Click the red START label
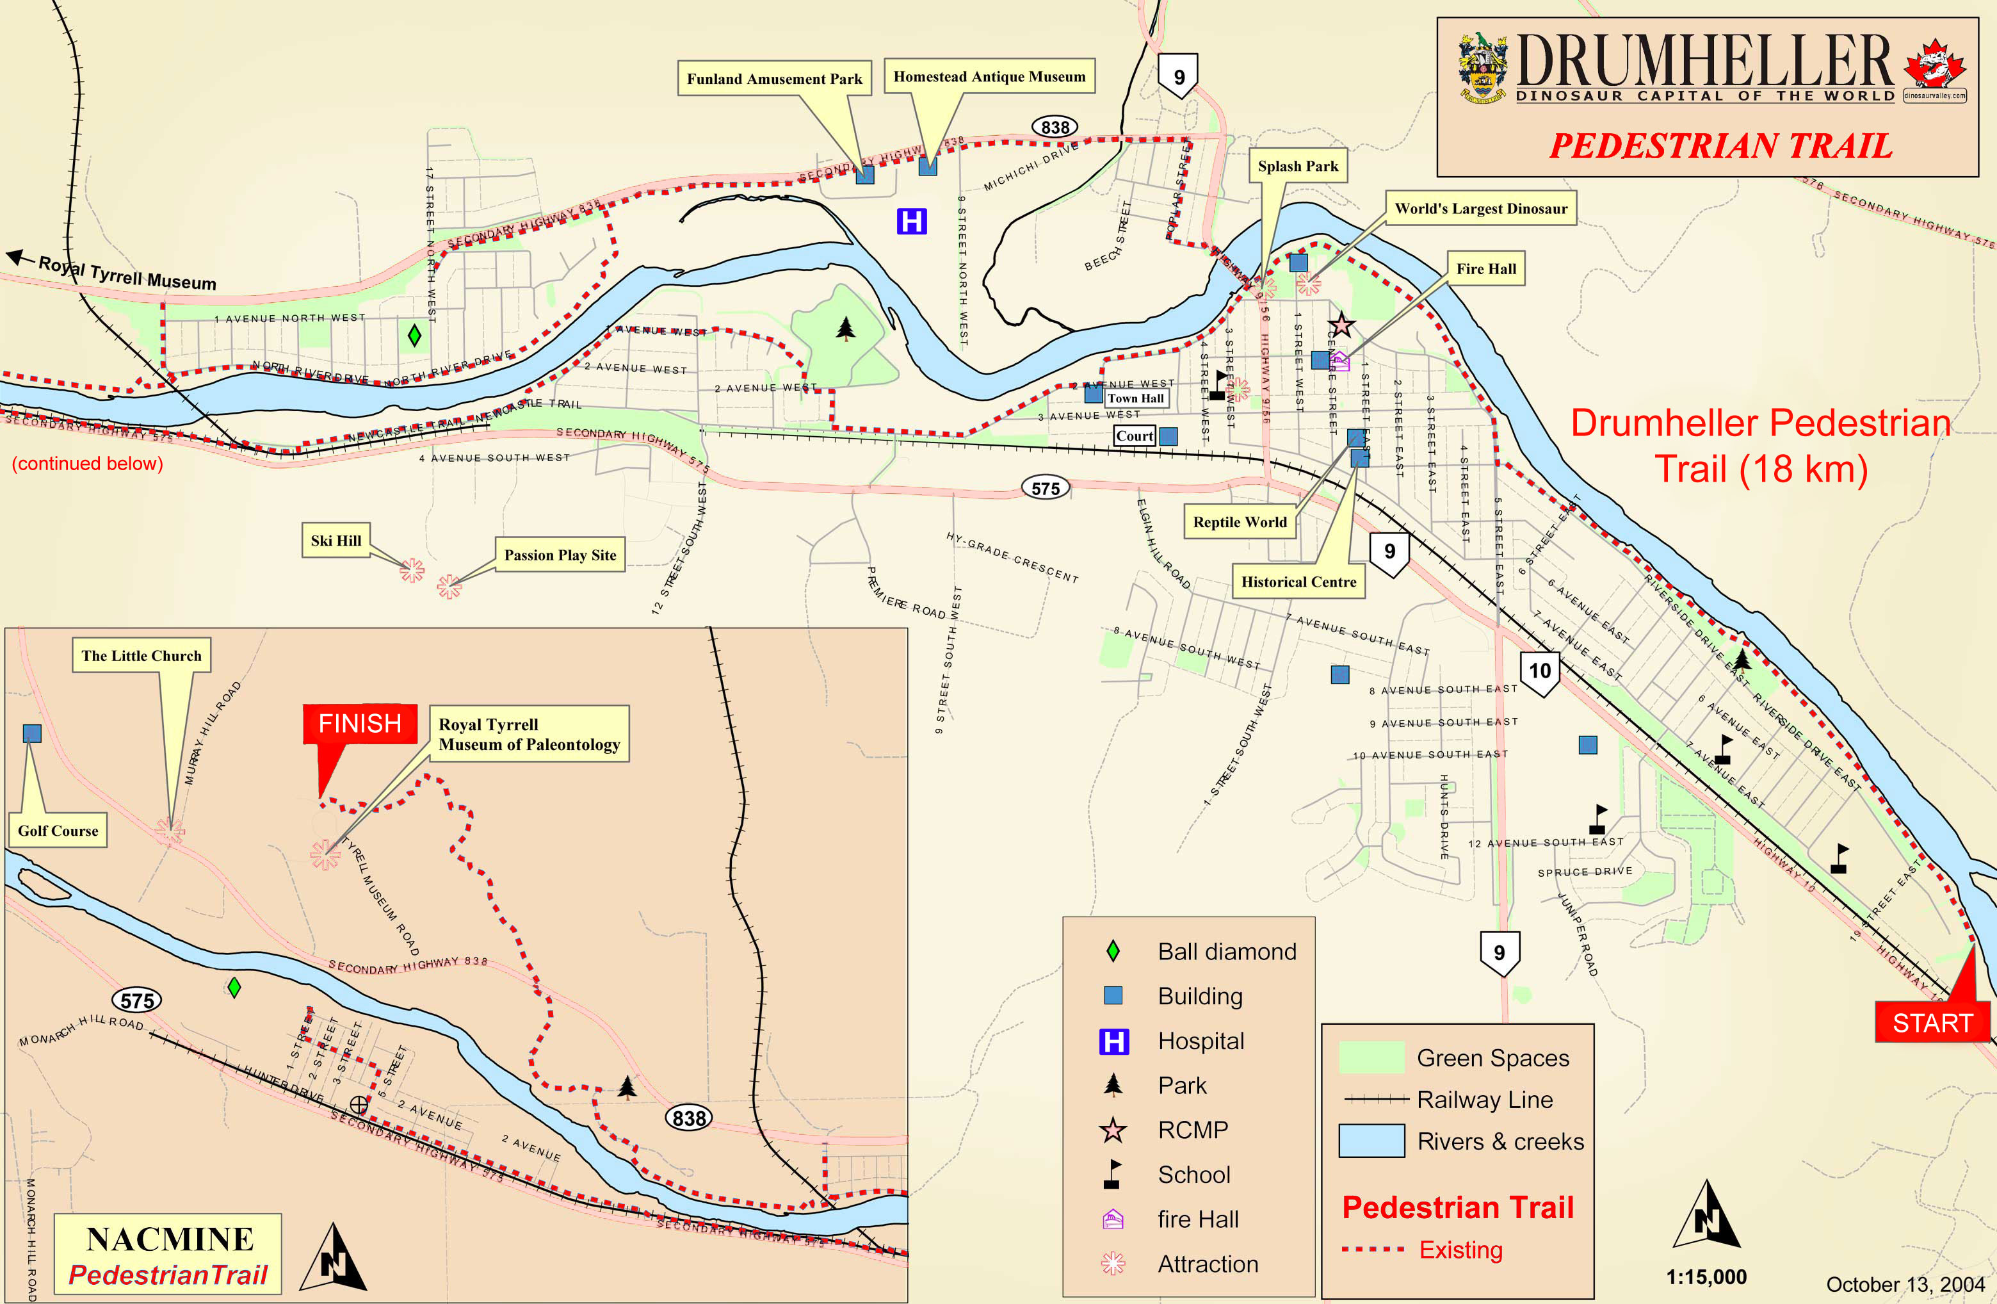click(x=1932, y=1022)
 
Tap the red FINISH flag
click(x=360, y=723)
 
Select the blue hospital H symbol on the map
click(x=911, y=222)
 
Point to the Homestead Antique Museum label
click(x=989, y=76)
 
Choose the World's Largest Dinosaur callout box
click(x=1480, y=208)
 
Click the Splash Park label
click(x=1297, y=166)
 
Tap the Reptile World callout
click(x=1240, y=522)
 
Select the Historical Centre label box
click(x=1298, y=582)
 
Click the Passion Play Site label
click(x=560, y=555)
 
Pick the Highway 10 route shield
click(x=1539, y=671)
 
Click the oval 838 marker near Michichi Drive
click(x=1055, y=127)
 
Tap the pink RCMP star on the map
click(x=1341, y=325)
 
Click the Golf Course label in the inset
click(x=58, y=831)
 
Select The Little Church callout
click(x=141, y=655)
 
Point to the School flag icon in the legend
click(x=1113, y=1174)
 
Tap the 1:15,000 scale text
click(x=1706, y=1277)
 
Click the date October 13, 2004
click(x=1905, y=1285)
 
